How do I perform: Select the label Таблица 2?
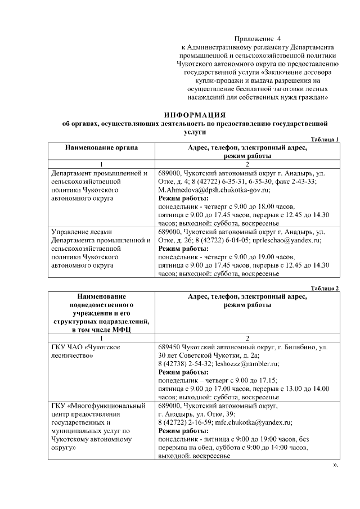pos(324,288)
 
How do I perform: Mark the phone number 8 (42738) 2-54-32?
pos(184,364)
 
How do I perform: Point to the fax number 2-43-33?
pos(303,182)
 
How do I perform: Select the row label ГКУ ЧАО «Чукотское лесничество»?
pos(85,352)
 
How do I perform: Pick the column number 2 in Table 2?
pos(248,338)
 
